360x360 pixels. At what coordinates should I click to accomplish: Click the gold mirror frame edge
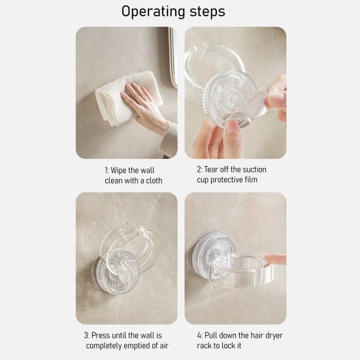click(172, 57)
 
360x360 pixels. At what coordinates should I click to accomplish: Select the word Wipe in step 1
click(119, 171)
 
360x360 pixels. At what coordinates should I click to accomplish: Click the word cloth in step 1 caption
click(154, 180)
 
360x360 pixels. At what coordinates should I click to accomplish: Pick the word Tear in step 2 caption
click(211, 169)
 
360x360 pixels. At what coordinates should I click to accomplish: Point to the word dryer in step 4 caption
click(274, 336)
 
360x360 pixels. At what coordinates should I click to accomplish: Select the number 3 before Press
click(86, 335)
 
